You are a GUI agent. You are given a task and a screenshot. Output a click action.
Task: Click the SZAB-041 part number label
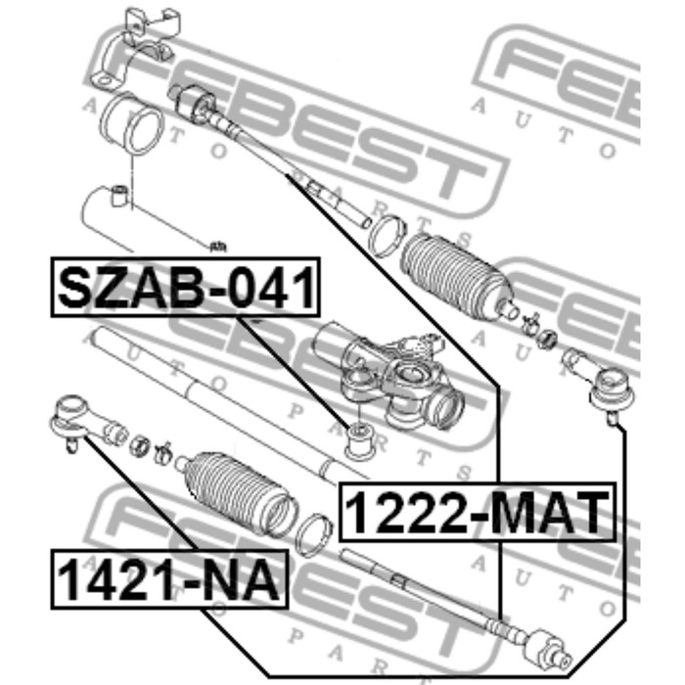click(186, 287)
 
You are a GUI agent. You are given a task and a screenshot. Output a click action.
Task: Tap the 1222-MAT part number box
click(478, 512)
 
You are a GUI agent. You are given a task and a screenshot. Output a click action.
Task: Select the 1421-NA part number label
click(169, 579)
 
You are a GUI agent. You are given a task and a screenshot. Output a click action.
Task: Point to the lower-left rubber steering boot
click(241, 492)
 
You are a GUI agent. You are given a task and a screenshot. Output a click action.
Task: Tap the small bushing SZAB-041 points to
click(359, 440)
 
